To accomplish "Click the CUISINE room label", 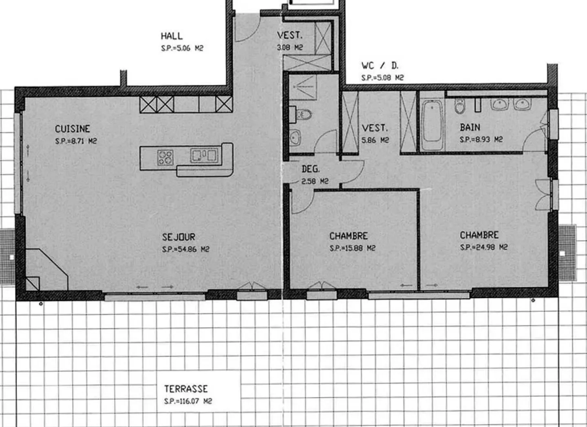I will click(x=72, y=129).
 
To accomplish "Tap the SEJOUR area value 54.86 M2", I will click(x=185, y=249).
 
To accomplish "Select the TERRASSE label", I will click(x=186, y=389).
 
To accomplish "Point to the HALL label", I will click(x=172, y=36).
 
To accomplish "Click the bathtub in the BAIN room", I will click(x=432, y=121).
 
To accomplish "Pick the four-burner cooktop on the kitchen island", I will click(x=165, y=157).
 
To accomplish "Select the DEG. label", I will click(x=311, y=169).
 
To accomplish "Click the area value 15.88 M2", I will click(x=352, y=248).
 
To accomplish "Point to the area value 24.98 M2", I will click(x=483, y=247).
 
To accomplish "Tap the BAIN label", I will click(x=470, y=127).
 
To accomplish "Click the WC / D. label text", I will click(x=380, y=65).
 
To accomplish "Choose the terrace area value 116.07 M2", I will click(x=188, y=401).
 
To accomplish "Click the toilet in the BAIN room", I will click(x=460, y=106).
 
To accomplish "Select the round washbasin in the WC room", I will click(x=295, y=137).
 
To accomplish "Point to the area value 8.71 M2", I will click(x=76, y=141).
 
